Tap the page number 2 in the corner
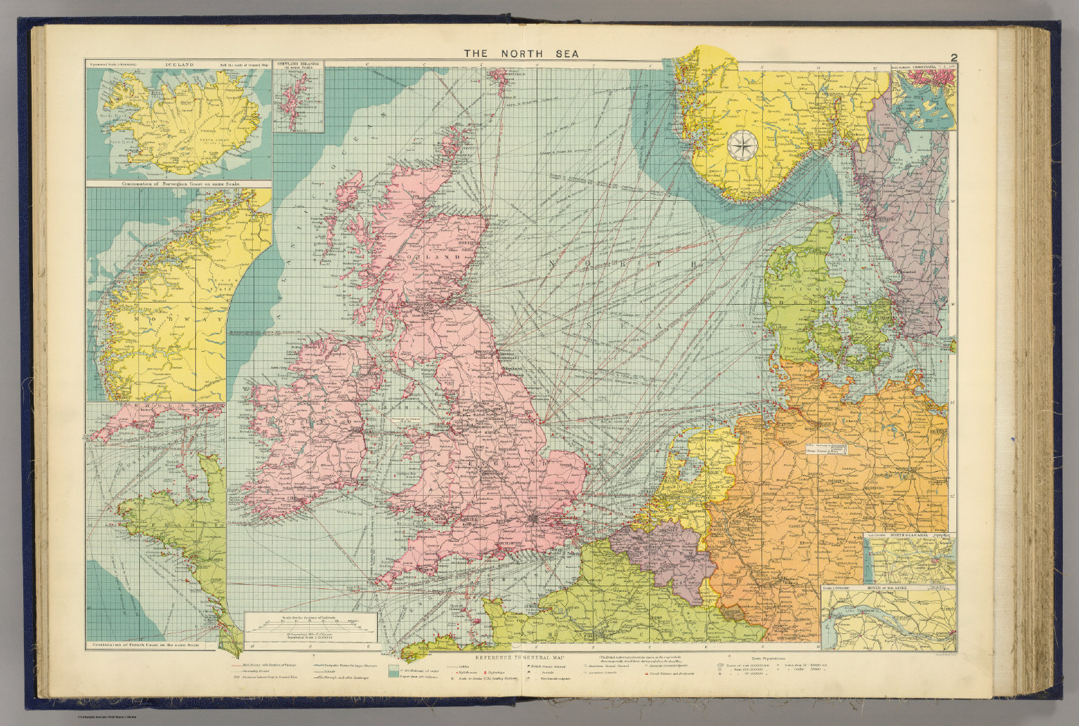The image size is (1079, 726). click(x=954, y=58)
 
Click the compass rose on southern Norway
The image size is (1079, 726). click(x=739, y=145)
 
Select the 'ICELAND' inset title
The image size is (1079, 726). click(x=178, y=65)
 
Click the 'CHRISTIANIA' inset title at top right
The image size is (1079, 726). click(x=935, y=67)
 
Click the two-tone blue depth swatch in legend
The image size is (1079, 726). click(x=394, y=671)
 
